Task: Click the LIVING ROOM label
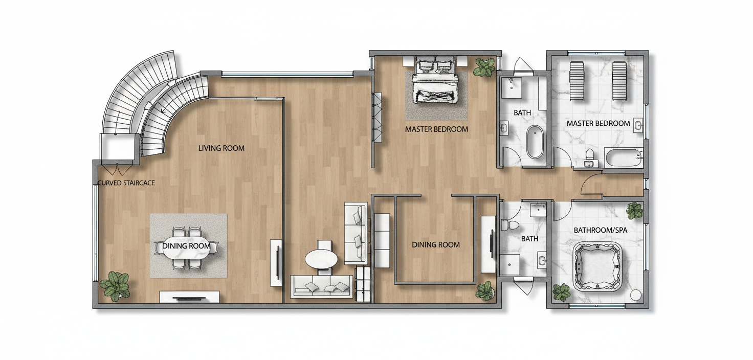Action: point(221,148)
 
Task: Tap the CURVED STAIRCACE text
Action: point(126,183)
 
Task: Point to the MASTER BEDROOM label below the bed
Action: point(436,129)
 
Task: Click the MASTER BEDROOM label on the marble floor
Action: point(599,124)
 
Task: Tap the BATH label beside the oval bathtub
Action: point(522,113)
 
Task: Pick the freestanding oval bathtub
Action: point(535,142)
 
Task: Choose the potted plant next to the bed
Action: point(484,67)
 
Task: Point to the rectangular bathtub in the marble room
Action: point(624,157)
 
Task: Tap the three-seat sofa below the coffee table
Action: point(322,286)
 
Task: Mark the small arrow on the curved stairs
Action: point(164,109)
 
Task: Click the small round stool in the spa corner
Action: point(636,295)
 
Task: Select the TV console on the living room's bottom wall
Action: point(189,297)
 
